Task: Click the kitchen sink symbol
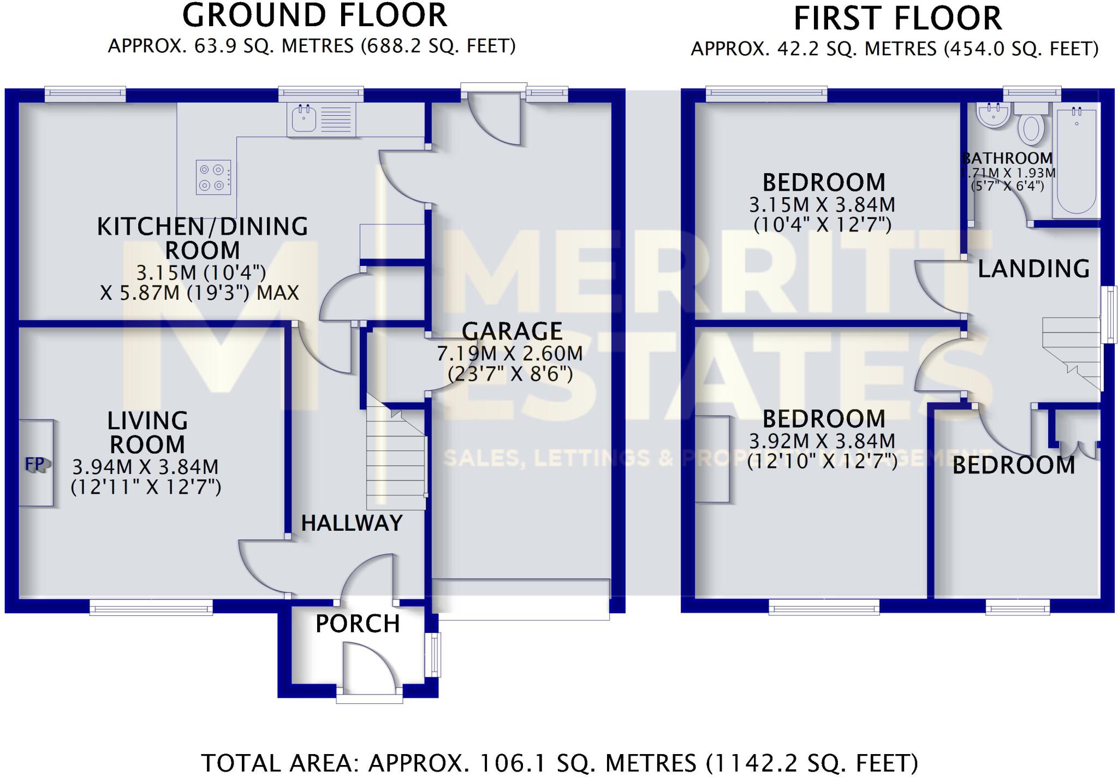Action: tap(304, 118)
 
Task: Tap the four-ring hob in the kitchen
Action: tap(213, 177)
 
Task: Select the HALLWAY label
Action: tap(352, 523)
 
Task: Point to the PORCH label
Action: tap(358, 624)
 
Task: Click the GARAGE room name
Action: tap(512, 331)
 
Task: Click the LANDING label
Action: tap(1033, 269)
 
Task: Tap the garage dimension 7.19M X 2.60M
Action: tap(509, 354)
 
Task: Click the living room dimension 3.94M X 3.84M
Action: tap(145, 467)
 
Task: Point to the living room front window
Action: tap(151, 607)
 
